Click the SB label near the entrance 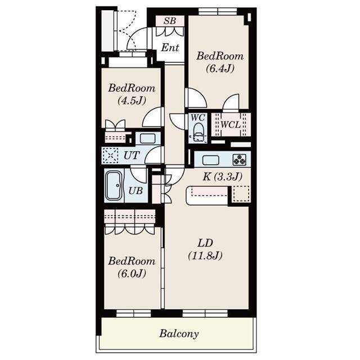point(170,21)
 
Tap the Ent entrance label point(170,48)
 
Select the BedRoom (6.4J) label point(220,62)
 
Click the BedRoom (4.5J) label point(132,94)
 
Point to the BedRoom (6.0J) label point(132,267)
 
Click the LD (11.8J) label point(205,249)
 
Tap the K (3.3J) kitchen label point(222,176)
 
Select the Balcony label point(179,334)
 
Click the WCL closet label point(230,124)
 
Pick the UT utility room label point(132,155)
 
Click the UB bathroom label point(136,191)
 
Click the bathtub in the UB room point(114,185)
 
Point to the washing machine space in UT point(111,155)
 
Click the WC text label point(197,118)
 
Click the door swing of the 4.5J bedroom point(152,119)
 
